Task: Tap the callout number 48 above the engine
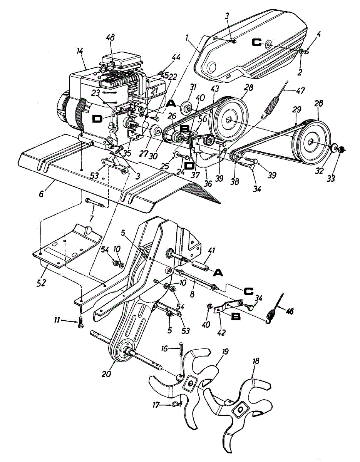coord(111,39)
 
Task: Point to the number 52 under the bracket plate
coord(41,283)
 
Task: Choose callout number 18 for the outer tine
coord(256,361)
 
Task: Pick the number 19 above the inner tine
coord(225,351)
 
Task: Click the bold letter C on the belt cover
coord(256,44)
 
